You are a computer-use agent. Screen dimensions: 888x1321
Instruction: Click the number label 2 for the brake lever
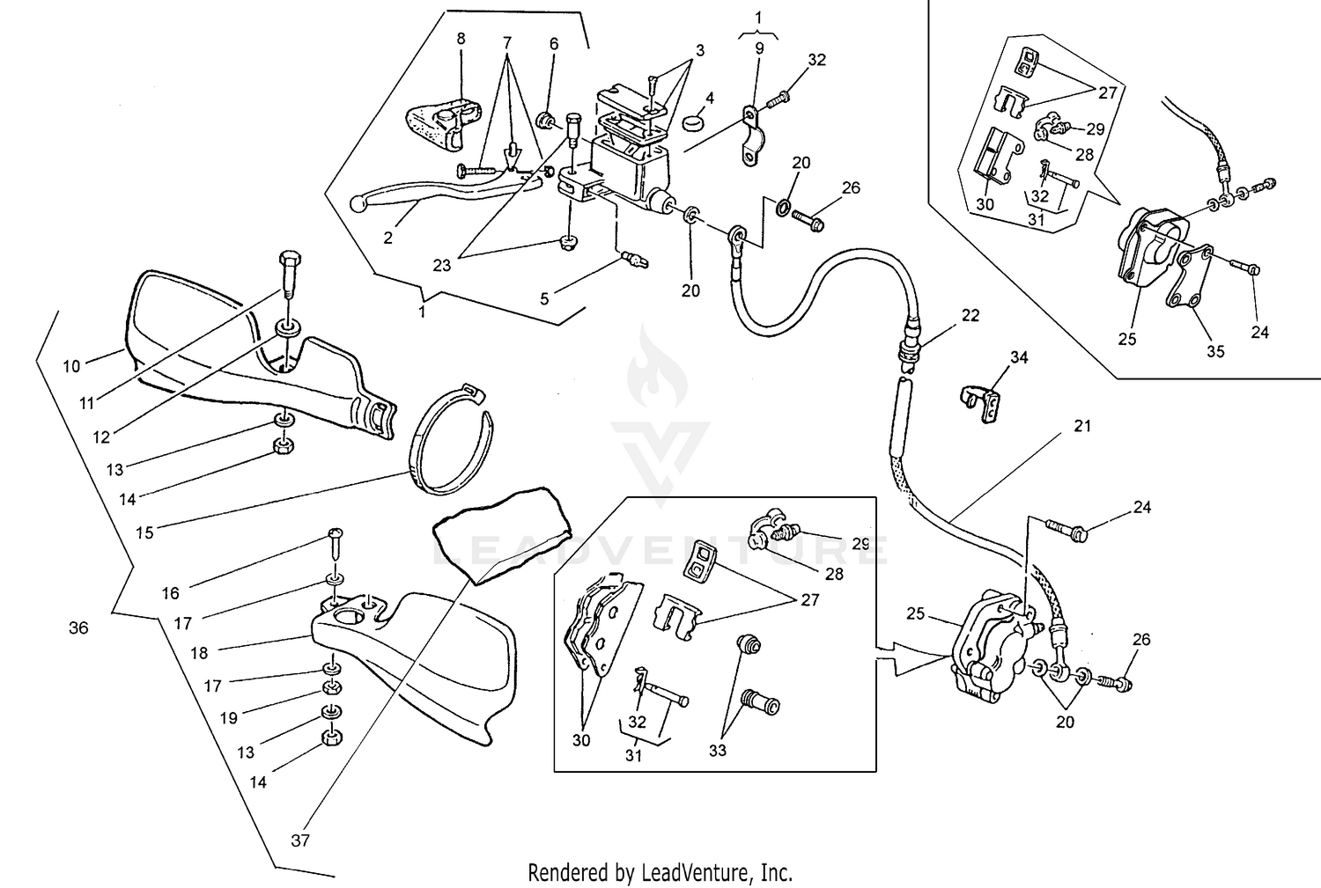tap(388, 237)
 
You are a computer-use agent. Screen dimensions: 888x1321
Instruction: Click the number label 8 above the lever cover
tap(461, 39)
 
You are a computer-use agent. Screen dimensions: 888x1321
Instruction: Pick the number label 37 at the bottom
tap(300, 840)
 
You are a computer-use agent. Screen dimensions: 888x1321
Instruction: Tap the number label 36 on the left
tap(78, 628)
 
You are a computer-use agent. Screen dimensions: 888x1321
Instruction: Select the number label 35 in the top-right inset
tap(1215, 351)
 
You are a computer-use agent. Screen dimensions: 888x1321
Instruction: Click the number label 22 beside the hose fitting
tap(970, 315)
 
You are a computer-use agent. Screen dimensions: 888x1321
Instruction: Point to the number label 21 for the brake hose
tap(1082, 426)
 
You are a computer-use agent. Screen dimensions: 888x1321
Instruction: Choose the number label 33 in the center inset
tap(718, 751)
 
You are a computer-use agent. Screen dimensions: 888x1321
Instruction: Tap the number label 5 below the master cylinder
tap(544, 299)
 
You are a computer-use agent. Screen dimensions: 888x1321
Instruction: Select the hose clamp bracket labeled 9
tap(749, 136)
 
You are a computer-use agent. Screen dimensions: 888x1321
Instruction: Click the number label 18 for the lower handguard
tap(199, 654)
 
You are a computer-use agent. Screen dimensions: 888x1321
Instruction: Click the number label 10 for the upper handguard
tap(71, 365)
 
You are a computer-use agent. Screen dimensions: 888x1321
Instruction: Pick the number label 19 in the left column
tap(228, 718)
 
